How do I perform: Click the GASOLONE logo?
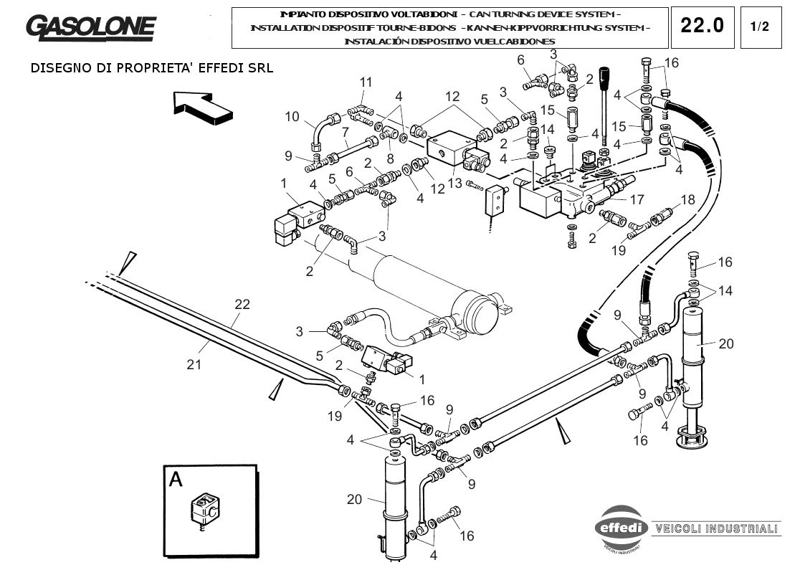(90, 27)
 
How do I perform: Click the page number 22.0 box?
(702, 27)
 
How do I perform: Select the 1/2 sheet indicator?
(759, 27)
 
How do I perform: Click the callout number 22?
(242, 304)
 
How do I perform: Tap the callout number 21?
(194, 364)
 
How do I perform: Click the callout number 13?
(455, 183)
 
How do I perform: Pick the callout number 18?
(687, 200)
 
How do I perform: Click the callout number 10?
(292, 116)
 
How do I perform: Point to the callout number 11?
(366, 82)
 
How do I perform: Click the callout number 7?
(345, 132)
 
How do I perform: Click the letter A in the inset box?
(176, 480)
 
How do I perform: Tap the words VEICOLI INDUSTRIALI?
(715, 528)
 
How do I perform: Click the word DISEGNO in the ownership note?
(60, 69)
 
